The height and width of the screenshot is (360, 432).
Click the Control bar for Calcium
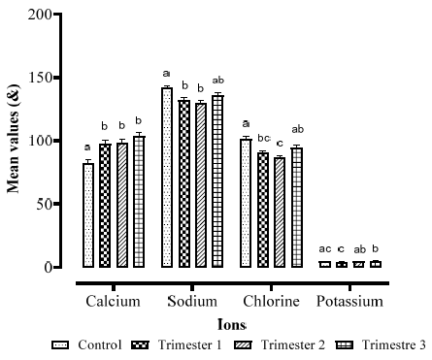[x=88, y=215]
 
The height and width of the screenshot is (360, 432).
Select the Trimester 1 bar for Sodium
[x=184, y=184]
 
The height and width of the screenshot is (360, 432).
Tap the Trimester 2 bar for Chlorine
[x=280, y=213]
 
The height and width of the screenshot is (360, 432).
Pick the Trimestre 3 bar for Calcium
[x=139, y=202]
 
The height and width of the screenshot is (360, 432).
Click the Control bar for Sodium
[x=167, y=178]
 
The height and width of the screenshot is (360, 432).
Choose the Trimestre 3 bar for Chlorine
[x=297, y=208]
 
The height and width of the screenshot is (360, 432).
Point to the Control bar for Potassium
[x=325, y=265]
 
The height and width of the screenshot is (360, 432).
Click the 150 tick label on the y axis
[x=40, y=78]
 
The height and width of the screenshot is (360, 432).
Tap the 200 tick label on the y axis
[x=40, y=15]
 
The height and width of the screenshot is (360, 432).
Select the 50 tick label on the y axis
[x=44, y=204]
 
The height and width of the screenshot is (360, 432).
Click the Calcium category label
[x=113, y=302]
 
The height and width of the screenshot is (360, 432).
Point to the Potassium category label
[x=349, y=302]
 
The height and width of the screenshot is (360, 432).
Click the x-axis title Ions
[x=232, y=324]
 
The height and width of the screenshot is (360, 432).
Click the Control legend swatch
[x=60, y=345]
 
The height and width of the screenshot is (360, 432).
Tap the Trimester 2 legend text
[x=293, y=345]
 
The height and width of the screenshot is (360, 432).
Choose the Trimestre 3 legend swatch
[x=345, y=345]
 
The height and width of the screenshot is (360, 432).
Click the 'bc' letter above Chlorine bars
[x=264, y=139]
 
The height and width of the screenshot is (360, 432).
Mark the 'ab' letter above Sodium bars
[x=217, y=81]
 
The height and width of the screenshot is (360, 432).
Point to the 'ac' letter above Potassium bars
[x=325, y=249]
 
